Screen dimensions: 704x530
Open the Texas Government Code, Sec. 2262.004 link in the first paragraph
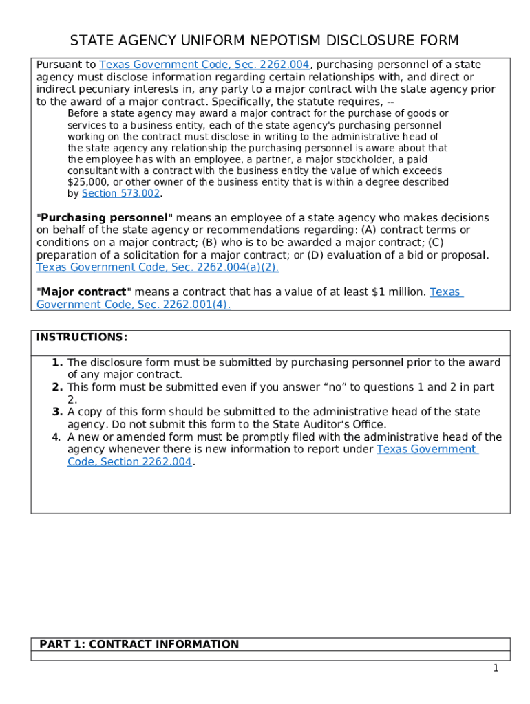tap(205, 65)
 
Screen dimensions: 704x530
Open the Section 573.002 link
tap(120, 194)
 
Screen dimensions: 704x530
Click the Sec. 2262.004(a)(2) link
tap(157, 267)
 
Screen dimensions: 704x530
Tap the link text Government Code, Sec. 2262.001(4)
tap(133, 305)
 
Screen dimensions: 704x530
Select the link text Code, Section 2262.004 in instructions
tap(130, 462)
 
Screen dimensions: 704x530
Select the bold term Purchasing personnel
tap(103, 218)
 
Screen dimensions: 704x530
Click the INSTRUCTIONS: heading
tap(81, 337)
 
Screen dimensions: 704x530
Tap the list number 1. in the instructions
tap(57, 362)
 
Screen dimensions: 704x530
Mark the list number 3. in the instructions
tap(57, 412)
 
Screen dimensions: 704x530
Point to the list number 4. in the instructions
tap(57, 437)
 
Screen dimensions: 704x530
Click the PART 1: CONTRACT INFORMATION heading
tap(139, 644)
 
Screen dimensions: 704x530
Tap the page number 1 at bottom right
tap(495, 668)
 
